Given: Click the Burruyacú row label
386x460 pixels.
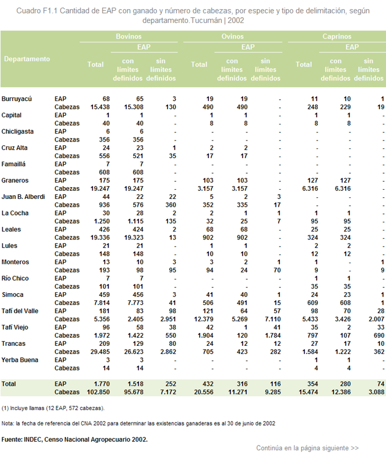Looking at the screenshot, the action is pyautogui.click(x=17, y=99).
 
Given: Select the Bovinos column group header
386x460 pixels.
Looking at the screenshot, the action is pyautogui.click(x=129, y=36).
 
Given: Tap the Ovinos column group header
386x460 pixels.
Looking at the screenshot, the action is pyautogui.click(x=232, y=36).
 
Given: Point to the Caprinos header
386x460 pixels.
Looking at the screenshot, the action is pyautogui.click(x=337, y=36).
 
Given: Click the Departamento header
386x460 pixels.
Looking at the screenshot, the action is pyautogui.click(x=27, y=59).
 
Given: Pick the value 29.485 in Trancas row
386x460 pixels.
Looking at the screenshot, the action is pyautogui.click(x=100, y=352).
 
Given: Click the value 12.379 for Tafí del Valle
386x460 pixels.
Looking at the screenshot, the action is pyautogui.click(x=203, y=319).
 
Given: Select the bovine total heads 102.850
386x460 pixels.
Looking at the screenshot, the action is pyautogui.click(x=98, y=392).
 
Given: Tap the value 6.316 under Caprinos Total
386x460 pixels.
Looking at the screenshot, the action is pyautogui.click(x=310, y=189).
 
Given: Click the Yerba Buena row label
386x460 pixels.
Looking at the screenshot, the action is pyautogui.click(x=20, y=360).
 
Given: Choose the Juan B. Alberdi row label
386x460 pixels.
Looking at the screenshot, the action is pyautogui.click(x=23, y=197).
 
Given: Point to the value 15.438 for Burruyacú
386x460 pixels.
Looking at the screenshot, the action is pyautogui.click(x=100, y=107).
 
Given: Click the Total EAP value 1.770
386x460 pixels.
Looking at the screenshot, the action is pyautogui.click(x=101, y=384).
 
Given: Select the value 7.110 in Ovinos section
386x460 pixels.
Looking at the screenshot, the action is pyautogui.click(x=273, y=319).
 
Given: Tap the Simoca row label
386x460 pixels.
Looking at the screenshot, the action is pyautogui.click(x=12, y=294).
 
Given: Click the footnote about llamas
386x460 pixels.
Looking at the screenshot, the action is pyautogui.click(x=53, y=408).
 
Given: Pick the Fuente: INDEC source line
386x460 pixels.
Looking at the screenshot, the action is pyautogui.click(x=74, y=440).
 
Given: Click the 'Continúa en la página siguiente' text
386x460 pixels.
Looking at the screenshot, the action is pyautogui.click(x=307, y=448).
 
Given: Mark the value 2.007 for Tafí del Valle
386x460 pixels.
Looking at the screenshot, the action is pyautogui.click(x=376, y=319).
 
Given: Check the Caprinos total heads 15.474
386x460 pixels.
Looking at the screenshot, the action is pyautogui.click(x=308, y=392).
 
